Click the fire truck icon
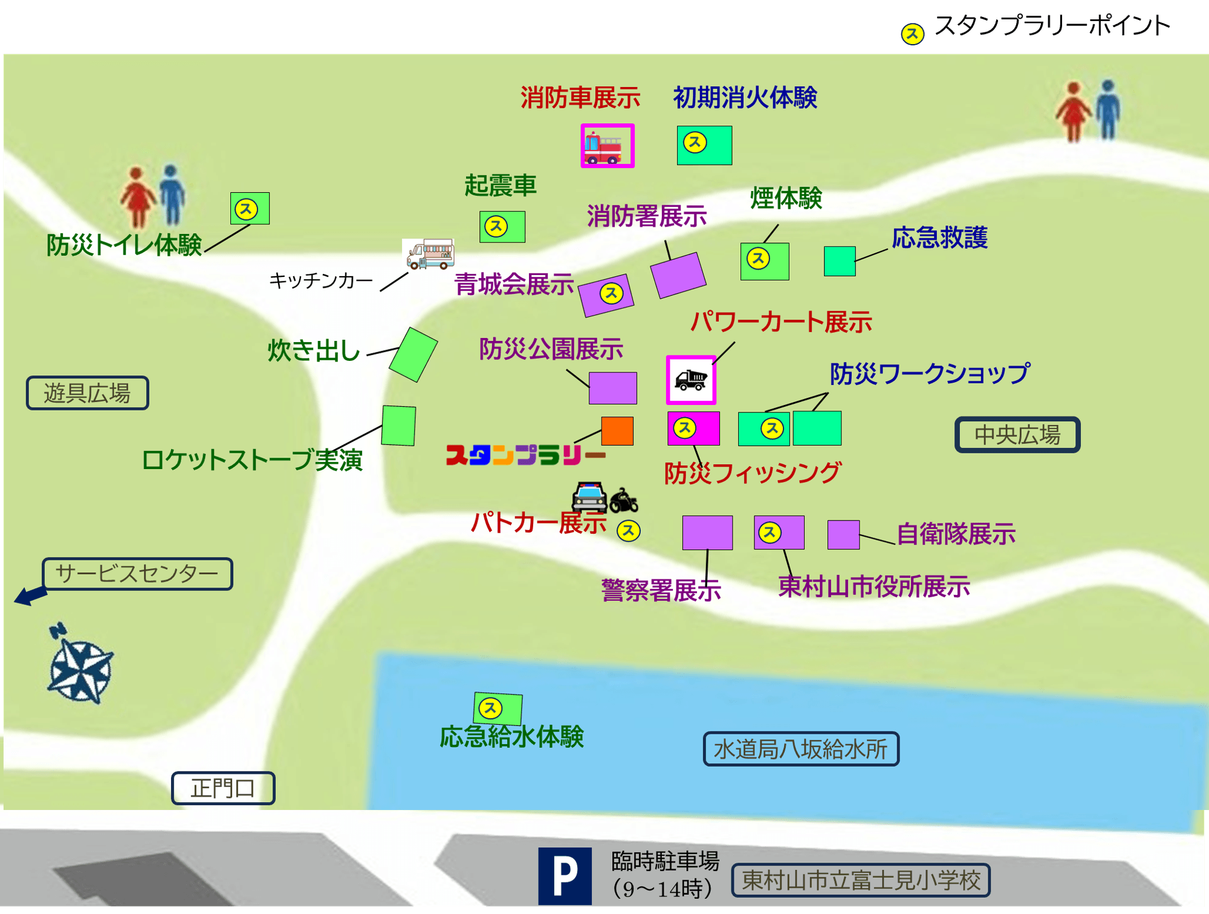pyautogui.click(x=606, y=146)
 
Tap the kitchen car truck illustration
pyautogui.click(x=430, y=254)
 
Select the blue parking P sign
pyautogui.click(x=565, y=875)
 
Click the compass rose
pyautogui.click(x=80, y=667)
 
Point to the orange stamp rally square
pyautogui.click(x=617, y=431)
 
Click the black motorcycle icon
pyautogui.click(x=623, y=501)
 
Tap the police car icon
pyautogui.click(x=589, y=497)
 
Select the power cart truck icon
pyautogui.click(x=691, y=380)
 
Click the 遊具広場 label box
pyautogui.click(x=88, y=393)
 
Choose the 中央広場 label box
pyautogui.click(x=1017, y=435)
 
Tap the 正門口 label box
pyautogui.click(x=223, y=788)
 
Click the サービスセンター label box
pyautogui.click(x=137, y=573)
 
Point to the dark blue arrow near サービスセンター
pyautogui.click(x=30, y=595)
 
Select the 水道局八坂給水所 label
pyautogui.click(x=801, y=749)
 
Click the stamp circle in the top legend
pyautogui.click(x=912, y=34)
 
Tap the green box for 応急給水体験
pyautogui.click(x=498, y=708)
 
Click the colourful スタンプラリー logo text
pyautogui.click(x=525, y=455)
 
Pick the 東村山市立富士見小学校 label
pyautogui.click(x=860, y=880)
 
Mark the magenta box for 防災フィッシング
pyautogui.click(x=693, y=429)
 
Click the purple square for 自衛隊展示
pyautogui.click(x=843, y=534)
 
